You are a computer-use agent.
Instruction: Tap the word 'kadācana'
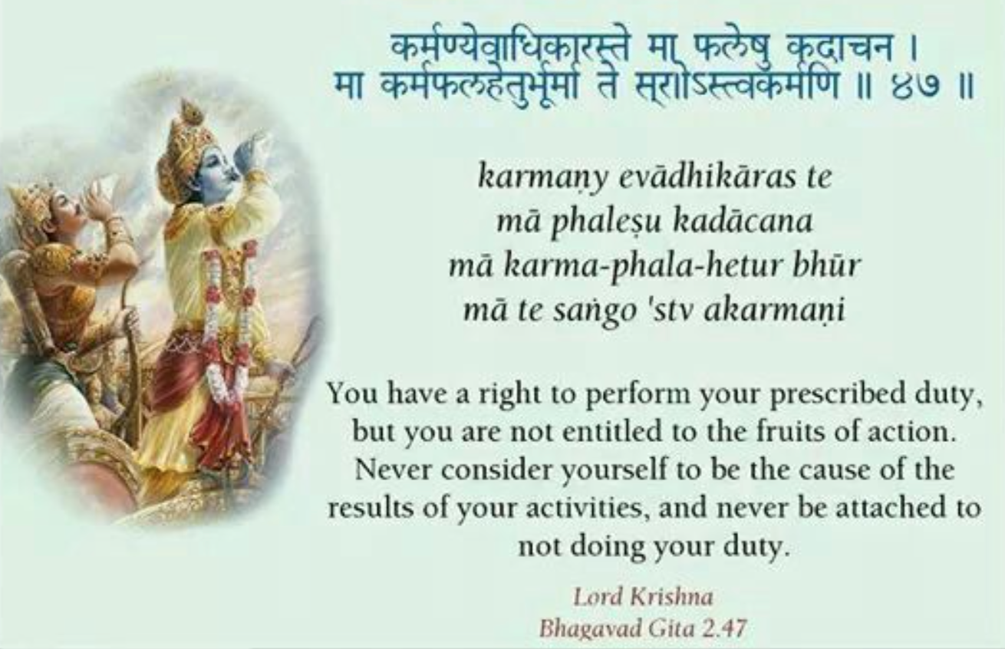744,222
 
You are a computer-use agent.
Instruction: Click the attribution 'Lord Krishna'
644,598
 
